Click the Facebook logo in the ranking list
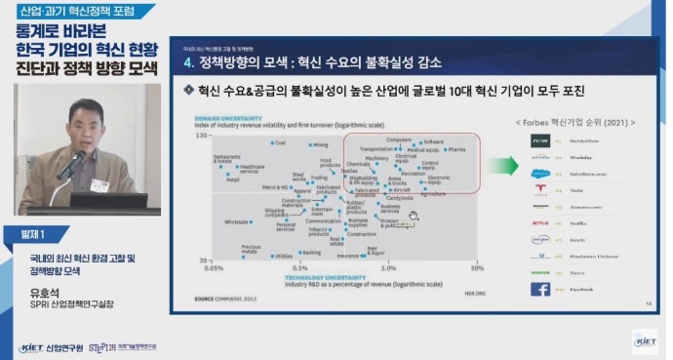coord(540,289)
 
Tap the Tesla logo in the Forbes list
coord(540,188)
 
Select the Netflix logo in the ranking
coord(540,222)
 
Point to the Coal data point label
coord(280,143)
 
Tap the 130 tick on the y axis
coord(203,135)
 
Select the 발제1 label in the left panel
coord(30,235)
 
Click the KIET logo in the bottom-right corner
coord(645,340)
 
